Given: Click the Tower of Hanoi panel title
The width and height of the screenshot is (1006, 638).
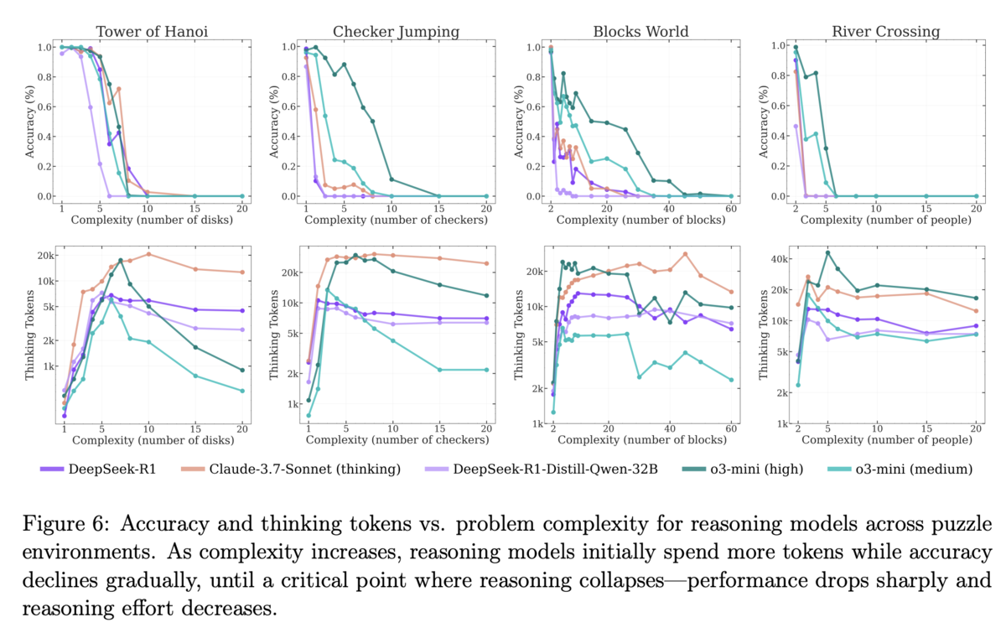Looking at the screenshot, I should point(152,32).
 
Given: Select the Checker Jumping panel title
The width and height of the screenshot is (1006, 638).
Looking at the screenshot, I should point(396,32).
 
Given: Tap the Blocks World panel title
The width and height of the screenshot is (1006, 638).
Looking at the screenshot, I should point(640,32).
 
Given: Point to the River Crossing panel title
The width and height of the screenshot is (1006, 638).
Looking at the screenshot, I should point(886,32).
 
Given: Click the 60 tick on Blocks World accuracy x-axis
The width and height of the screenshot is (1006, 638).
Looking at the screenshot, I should point(731,207).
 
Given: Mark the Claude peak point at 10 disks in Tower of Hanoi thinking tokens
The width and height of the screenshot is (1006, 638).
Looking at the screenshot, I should point(148,254).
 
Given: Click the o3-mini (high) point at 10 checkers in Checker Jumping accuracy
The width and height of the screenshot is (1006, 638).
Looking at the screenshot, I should point(392,179).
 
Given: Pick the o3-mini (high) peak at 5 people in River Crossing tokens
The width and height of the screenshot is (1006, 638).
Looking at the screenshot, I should point(827,252).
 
